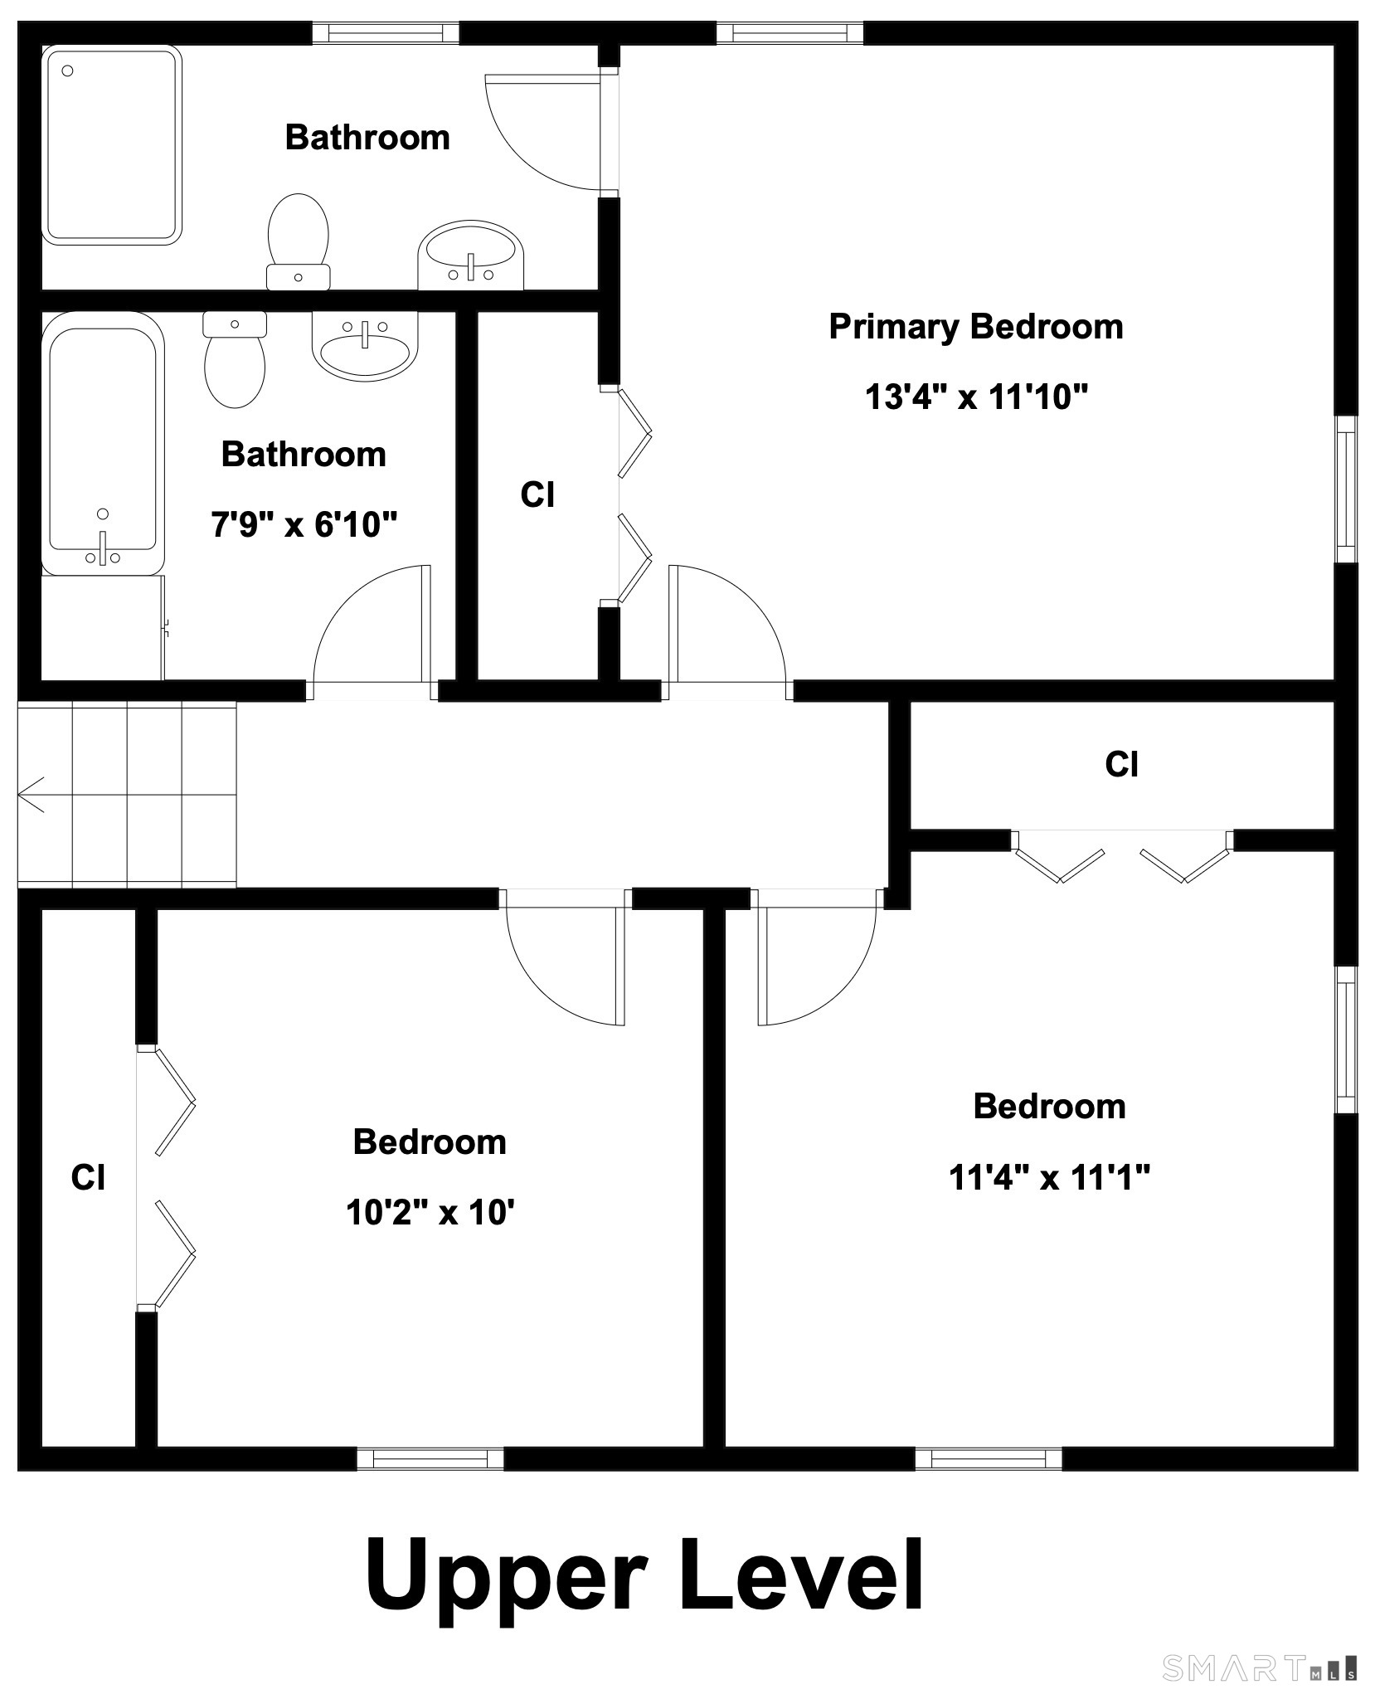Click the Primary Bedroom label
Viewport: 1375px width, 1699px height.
[x=976, y=327]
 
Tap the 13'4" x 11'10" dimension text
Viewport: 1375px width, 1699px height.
[x=976, y=397]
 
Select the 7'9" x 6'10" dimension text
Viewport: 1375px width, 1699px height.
[x=304, y=524]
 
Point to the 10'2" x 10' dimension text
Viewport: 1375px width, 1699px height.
[x=430, y=1213]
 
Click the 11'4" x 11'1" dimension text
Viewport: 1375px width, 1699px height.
[x=1049, y=1177]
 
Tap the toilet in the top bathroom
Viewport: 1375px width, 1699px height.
[x=299, y=241]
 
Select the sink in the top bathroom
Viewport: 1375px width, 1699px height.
[x=471, y=255]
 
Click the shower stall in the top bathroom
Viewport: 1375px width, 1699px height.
[x=112, y=145]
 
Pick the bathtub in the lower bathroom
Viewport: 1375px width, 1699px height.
[x=103, y=444]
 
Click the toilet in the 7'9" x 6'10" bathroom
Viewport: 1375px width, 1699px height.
[x=235, y=359]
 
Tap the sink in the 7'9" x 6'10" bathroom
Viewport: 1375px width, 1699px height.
[x=365, y=346]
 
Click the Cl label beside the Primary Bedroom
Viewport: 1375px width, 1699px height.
[x=537, y=495]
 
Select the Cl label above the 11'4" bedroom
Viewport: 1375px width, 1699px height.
[x=1121, y=764]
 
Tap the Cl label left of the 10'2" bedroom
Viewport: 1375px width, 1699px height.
[x=88, y=1177]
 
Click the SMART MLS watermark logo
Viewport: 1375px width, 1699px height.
[x=1260, y=1667]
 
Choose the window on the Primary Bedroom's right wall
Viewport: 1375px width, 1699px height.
[x=1346, y=489]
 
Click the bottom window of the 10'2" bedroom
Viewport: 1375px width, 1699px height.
[x=430, y=1458]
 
